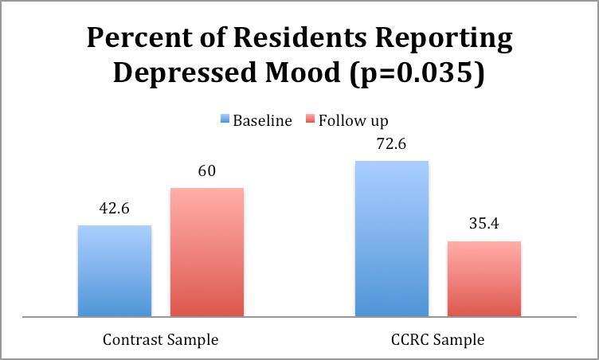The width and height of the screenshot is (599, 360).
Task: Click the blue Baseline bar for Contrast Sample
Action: point(114,271)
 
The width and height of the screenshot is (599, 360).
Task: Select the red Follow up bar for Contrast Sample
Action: point(206,252)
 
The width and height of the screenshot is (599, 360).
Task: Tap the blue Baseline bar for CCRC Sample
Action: point(391,238)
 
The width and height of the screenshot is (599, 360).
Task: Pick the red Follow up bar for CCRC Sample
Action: point(484,279)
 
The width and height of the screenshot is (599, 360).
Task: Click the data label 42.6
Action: point(114,209)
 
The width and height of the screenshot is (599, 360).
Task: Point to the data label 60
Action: point(206,172)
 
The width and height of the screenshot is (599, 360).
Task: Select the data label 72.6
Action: point(391,145)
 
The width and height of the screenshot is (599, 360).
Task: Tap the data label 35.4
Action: point(484,225)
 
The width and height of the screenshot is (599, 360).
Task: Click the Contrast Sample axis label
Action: point(160,339)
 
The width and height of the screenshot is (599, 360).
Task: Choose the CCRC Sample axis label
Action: point(437,339)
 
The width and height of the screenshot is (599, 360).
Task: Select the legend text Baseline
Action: point(262,121)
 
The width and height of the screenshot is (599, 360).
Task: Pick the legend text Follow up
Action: point(353,121)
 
